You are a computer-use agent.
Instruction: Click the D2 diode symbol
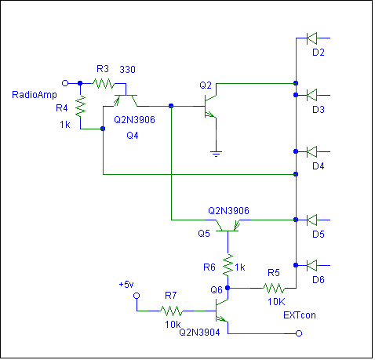point(311,38)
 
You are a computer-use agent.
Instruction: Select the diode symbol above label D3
point(311,95)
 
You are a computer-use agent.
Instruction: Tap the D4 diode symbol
point(311,151)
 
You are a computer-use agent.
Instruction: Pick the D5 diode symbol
point(311,220)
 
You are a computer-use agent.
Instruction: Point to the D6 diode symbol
point(311,265)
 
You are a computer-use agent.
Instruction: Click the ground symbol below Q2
point(216,154)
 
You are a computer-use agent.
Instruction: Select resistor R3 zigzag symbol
point(104,84)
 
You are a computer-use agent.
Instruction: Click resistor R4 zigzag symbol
point(80,106)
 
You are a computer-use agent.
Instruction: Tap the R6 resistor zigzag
point(228,265)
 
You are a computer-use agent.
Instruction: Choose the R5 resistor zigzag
point(274,288)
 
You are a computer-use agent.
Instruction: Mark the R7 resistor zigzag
point(171,311)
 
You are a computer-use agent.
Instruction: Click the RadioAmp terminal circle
point(65,83)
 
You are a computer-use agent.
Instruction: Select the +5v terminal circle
point(137,296)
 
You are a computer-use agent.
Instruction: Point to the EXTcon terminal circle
point(299,333)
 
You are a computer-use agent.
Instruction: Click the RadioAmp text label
point(35,95)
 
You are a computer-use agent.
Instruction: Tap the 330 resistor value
point(127,70)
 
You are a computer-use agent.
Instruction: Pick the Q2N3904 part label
point(199,333)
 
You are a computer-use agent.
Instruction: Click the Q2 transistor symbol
point(210,106)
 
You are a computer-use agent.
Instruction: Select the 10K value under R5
point(276,302)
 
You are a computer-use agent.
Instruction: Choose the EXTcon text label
point(300,315)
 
